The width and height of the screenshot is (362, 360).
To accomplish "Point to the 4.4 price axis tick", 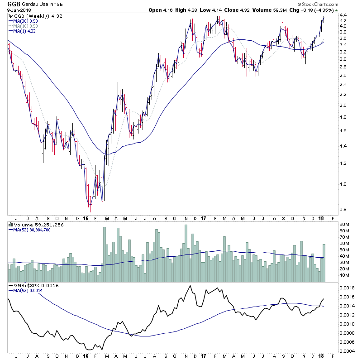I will (343, 15).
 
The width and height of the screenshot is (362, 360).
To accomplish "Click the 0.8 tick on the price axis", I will (343, 210).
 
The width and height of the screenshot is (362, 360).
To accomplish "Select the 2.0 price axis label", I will (343, 106).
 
